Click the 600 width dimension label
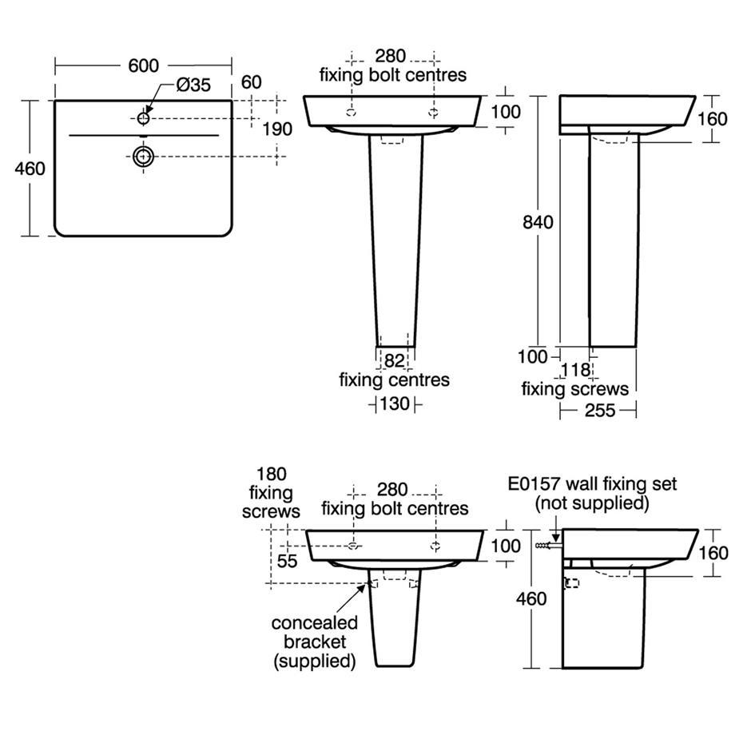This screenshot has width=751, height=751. click(143, 66)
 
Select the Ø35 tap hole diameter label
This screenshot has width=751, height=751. click(193, 85)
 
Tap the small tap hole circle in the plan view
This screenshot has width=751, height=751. click(144, 117)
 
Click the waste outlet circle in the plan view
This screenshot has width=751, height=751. click(144, 157)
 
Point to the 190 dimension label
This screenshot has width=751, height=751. click(277, 129)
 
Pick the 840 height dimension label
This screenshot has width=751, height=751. click(538, 222)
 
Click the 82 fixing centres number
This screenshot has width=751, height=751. click(394, 360)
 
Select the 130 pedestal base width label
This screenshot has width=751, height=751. click(395, 403)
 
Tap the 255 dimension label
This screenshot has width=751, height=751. click(600, 410)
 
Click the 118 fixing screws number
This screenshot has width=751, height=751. click(575, 370)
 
